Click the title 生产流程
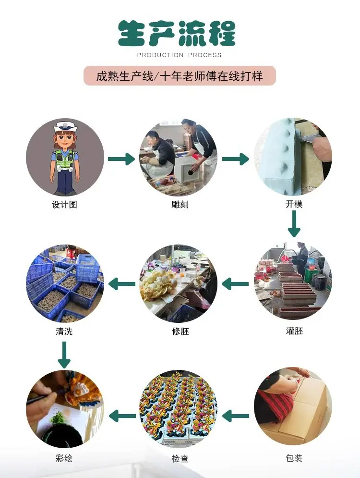pos(177,34)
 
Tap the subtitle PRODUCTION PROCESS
pos(179,55)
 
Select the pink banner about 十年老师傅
pos(180,75)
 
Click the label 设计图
pos(64,204)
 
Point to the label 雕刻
pos(180,204)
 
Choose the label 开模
pos(294,204)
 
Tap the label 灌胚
pos(294,331)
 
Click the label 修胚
pos(180,331)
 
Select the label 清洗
pos(64,331)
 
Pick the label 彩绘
pos(64,458)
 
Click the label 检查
pos(180,458)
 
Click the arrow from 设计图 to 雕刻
pos(121,159)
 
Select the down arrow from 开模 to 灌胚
pos(294,224)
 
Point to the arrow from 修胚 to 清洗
pos(122,284)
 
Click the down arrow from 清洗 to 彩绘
pos(64,355)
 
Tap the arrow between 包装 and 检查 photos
pos(235,416)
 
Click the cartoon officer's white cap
pos(64,126)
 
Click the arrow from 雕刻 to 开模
pos(235,159)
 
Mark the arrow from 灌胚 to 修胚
pos(235,284)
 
